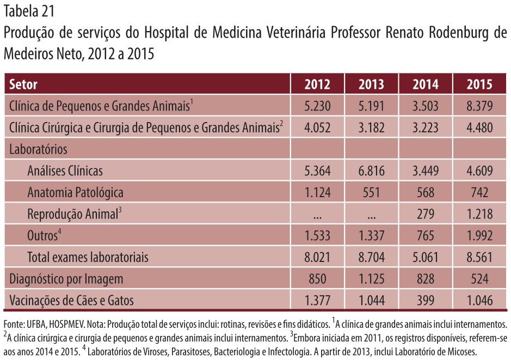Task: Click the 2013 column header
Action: coord(371,84)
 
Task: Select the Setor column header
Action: coord(23,84)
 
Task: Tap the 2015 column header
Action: coord(479,84)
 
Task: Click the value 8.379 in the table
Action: coord(479,106)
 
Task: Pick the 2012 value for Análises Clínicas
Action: coord(317,171)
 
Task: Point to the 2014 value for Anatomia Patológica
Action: coord(426,192)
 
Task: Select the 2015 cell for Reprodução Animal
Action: coord(479,214)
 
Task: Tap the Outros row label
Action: coord(44,235)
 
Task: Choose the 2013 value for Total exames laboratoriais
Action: coord(371,257)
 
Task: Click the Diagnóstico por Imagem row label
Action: coord(66,279)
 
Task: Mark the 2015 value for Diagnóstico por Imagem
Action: coord(479,279)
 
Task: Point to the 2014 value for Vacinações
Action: coord(426,300)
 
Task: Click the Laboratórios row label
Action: coord(38,149)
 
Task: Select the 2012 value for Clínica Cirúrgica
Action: coord(317,127)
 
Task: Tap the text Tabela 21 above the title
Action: coord(29,11)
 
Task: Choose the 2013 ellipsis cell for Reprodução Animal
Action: coord(371,217)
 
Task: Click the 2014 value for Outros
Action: coord(426,235)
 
